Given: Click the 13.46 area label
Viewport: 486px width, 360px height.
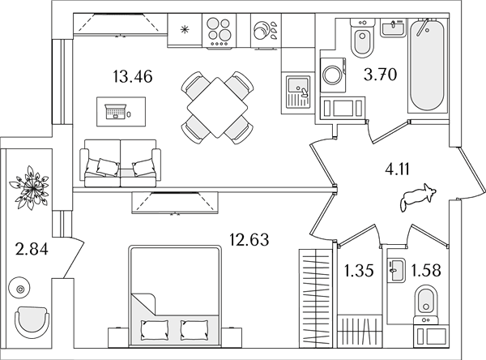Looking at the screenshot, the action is click(133, 77).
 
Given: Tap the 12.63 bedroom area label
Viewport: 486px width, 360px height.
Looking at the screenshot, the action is click(249, 239).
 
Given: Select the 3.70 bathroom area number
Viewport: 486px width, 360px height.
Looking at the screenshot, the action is click(381, 75).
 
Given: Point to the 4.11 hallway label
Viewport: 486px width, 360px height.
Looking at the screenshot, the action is click(397, 169).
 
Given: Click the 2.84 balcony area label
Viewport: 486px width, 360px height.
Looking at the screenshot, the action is click(32, 249).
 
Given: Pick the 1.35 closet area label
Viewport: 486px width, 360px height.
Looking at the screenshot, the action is click(359, 271).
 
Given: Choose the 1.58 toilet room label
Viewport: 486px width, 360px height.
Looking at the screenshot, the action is click(426, 270).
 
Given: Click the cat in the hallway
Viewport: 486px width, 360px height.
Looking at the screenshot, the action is click(418, 198).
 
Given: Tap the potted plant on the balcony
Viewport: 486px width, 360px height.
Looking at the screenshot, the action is click(29, 188).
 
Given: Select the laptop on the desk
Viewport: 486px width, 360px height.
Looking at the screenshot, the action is click(116, 112).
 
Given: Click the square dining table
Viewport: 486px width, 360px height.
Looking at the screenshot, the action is click(217, 108).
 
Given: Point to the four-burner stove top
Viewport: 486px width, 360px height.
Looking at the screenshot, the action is click(219, 32).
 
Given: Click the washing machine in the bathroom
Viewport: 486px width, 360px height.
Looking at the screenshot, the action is click(333, 75).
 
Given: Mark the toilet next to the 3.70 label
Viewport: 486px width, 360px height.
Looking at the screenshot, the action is click(362, 38).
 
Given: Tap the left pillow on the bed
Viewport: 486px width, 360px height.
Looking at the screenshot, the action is click(155, 330).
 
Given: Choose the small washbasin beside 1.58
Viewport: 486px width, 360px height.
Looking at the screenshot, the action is click(396, 271).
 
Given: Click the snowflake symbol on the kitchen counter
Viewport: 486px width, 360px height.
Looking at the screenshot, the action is click(185, 30).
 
